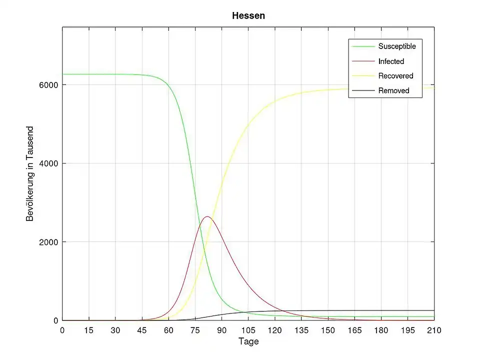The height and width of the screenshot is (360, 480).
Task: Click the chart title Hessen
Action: (248, 16)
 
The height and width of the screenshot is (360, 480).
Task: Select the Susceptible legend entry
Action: (397, 46)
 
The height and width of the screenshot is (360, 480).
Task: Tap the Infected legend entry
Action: (391, 61)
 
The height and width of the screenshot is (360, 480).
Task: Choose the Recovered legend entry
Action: (395, 76)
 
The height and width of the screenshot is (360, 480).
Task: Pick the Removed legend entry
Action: (393, 91)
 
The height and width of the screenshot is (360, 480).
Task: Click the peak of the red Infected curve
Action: (207, 216)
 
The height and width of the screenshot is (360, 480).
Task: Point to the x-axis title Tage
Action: (248, 342)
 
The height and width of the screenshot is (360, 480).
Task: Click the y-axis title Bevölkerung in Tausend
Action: (30, 173)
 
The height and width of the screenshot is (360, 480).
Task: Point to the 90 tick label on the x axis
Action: (221, 330)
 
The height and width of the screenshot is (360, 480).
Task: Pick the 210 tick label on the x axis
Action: (434, 330)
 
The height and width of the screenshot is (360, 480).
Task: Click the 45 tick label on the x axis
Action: (142, 330)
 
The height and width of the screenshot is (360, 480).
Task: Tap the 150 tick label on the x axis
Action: (328, 330)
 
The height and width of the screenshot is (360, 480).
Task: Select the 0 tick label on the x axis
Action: (62, 330)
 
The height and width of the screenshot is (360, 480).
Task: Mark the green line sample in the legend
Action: (363, 46)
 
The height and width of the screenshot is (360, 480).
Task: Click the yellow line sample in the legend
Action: (363, 76)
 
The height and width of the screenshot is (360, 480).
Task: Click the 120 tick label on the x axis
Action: (274, 330)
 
